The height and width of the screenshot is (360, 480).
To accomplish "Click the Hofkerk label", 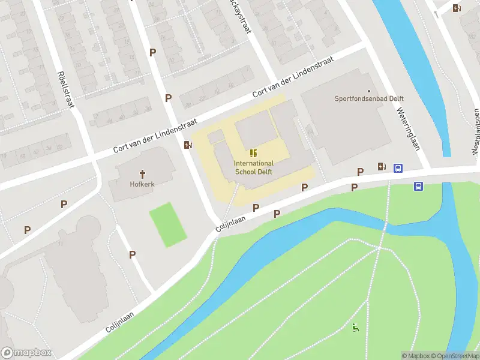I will (x=142, y=184).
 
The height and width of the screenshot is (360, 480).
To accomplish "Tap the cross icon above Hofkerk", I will (x=142, y=174).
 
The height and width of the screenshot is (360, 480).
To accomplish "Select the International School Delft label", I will (x=253, y=167).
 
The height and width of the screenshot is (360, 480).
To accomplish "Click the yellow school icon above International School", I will (x=254, y=154).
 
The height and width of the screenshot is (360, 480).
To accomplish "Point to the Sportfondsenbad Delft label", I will (x=369, y=99).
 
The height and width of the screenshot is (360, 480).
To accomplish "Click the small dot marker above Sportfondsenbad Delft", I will (x=369, y=91).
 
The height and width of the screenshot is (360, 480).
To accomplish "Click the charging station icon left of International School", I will (x=188, y=145).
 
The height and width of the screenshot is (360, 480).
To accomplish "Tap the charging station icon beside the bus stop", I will (x=382, y=166).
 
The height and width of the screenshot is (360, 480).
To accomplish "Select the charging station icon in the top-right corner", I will (x=458, y=8).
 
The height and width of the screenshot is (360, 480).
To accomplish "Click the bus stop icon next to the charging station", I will (x=398, y=168).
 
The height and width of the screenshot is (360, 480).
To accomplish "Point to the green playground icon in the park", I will (x=356, y=328).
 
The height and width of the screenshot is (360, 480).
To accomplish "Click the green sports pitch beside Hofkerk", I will (x=167, y=224).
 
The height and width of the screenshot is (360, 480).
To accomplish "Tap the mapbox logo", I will (x=26, y=353).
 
